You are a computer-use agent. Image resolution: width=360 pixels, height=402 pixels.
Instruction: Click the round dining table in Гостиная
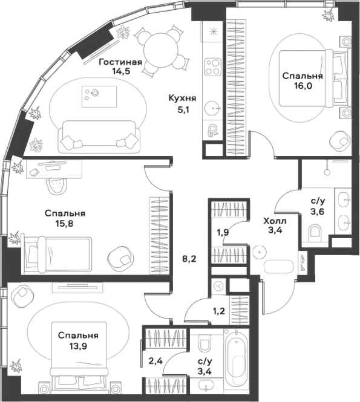[157, 45]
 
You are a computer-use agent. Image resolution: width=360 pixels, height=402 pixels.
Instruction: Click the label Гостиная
[120, 61]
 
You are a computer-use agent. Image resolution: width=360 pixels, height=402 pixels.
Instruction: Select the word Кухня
[182, 99]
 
